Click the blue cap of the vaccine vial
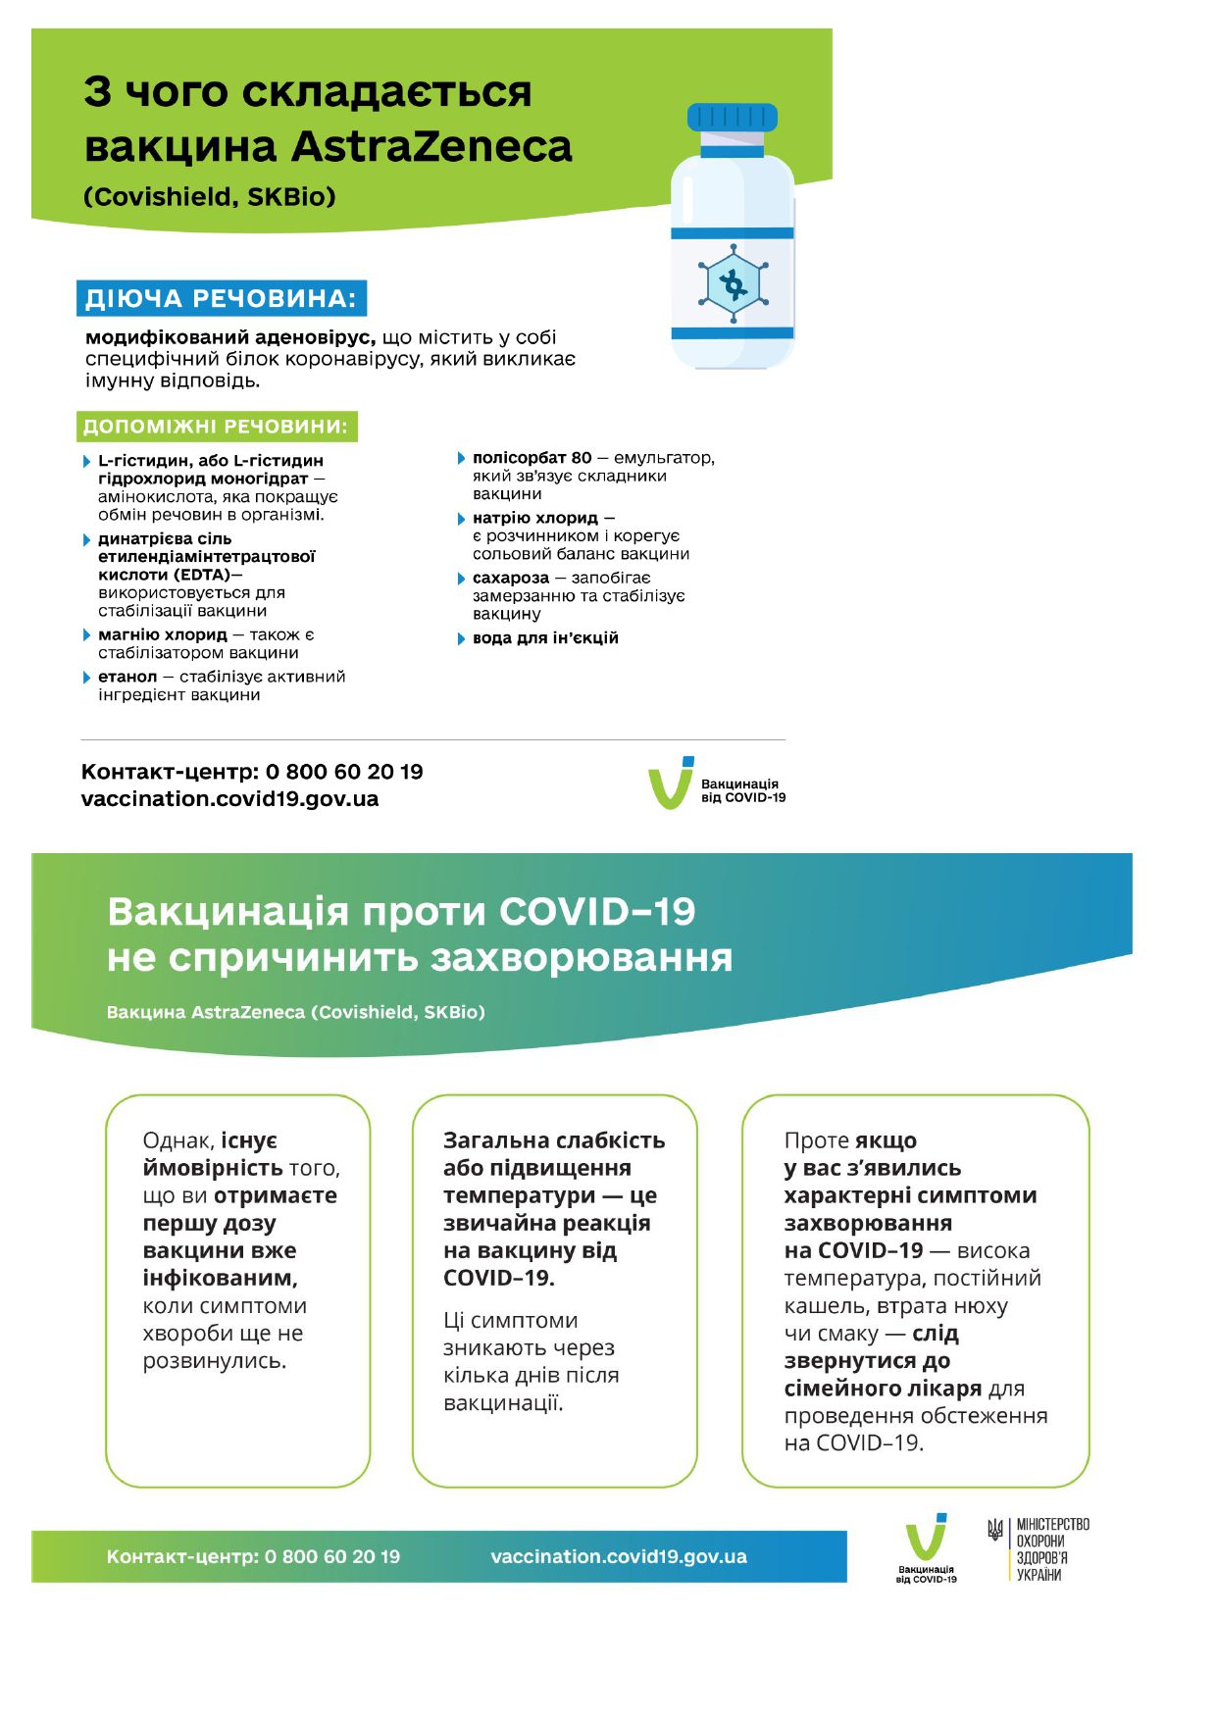pyautogui.click(x=732, y=119)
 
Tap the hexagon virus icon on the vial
pyautogui.click(x=733, y=284)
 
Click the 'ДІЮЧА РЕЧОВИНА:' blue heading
pyautogui.click(x=221, y=299)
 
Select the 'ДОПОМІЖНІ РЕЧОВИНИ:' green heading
pyautogui.click(x=216, y=427)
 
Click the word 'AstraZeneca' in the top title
pyautogui.click(x=431, y=147)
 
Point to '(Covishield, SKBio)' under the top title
pyautogui.click(x=210, y=197)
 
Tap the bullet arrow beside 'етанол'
pyautogui.click(x=87, y=677)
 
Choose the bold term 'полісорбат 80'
pyautogui.click(x=532, y=458)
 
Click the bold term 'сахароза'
pyautogui.click(x=510, y=578)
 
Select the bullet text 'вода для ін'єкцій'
pyautogui.click(x=545, y=638)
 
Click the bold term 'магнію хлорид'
pyautogui.click(x=162, y=634)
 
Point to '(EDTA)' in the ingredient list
pyautogui.click(x=203, y=575)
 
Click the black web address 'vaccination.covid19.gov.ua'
pyautogui.click(x=229, y=799)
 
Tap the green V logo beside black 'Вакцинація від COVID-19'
pyautogui.click(x=671, y=784)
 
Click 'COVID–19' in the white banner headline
pyautogui.click(x=597, y=912)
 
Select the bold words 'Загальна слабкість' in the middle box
pyautogui.click(x=554, y=1140)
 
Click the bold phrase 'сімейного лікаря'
pyautogui.click(x=883, y=1389)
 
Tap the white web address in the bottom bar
pyautogui.click(x=618, y=1556)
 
